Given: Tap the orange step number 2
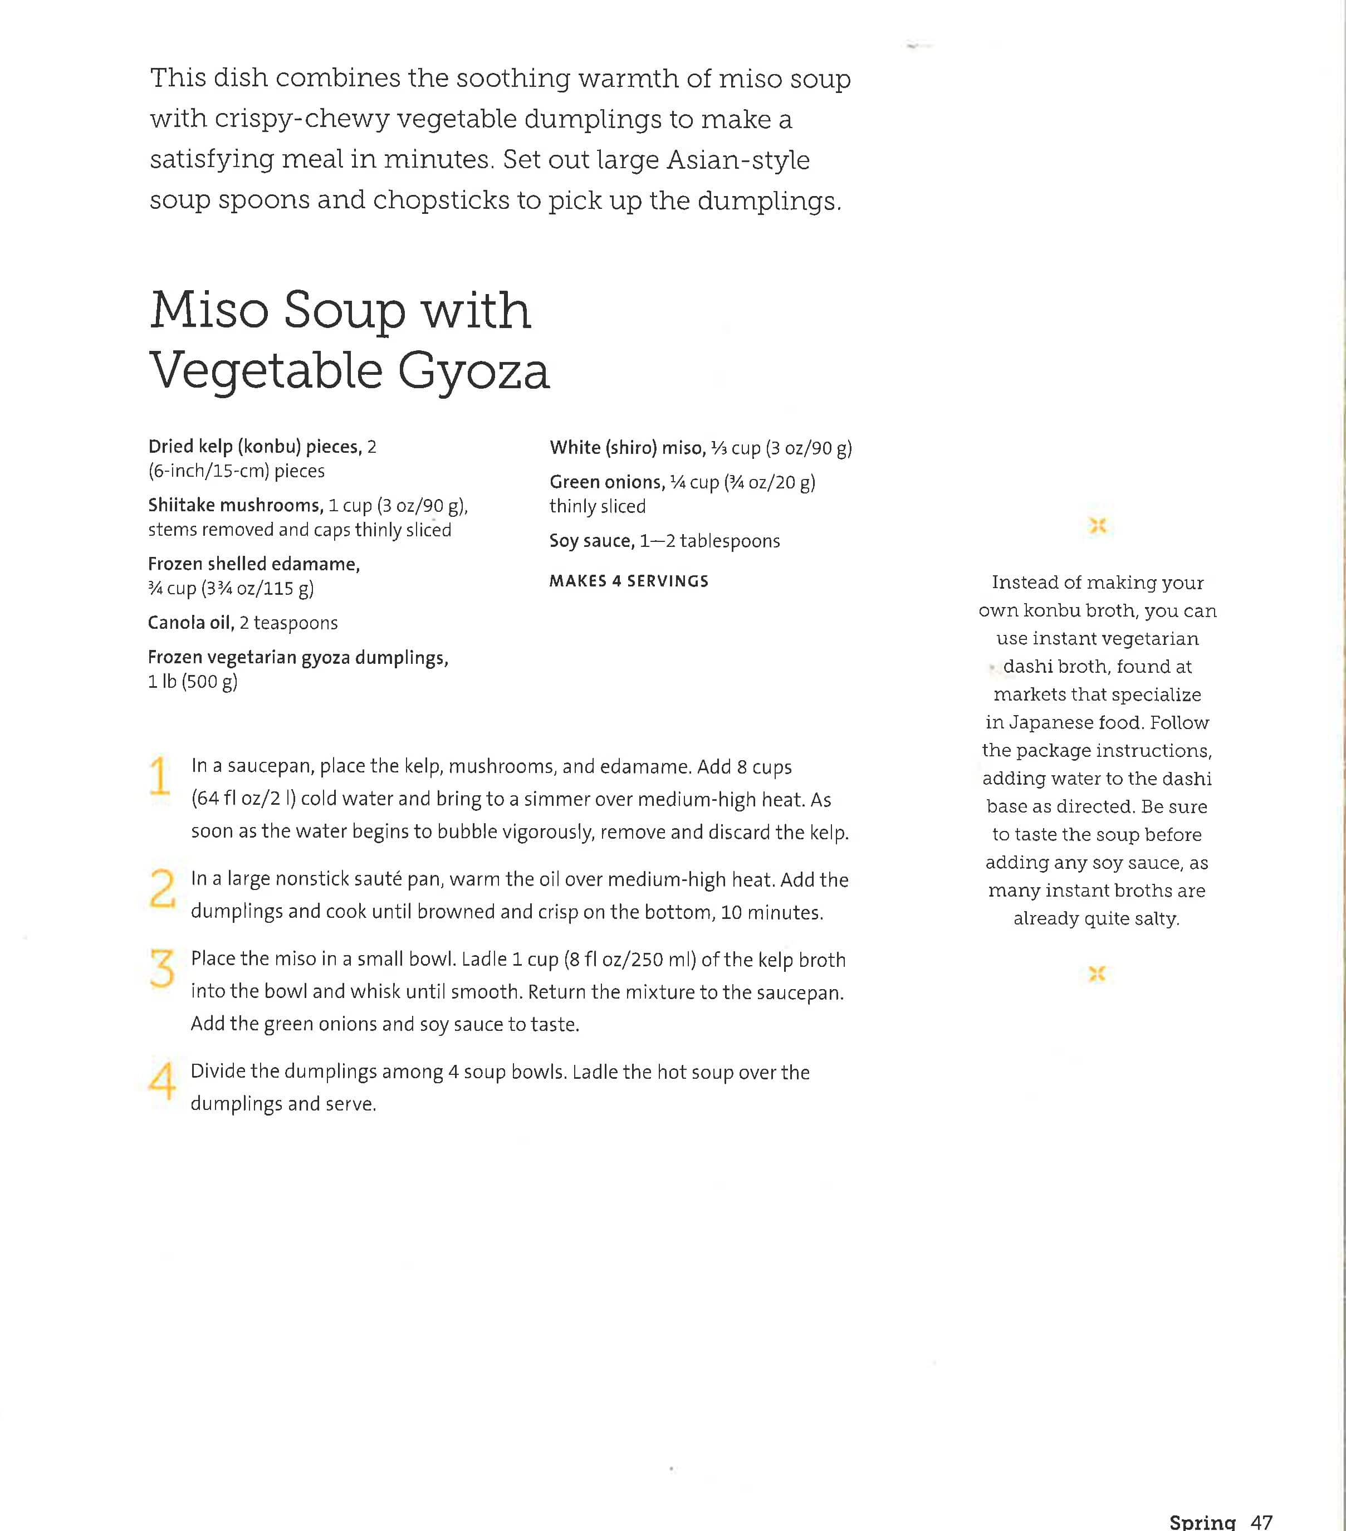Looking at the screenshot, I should tap(162, 888).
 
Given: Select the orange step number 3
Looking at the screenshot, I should tap(162, 969).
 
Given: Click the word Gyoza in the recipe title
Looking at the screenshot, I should tap(473, 371).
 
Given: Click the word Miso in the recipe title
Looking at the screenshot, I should tap(209, 310).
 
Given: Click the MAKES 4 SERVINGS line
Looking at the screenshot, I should tap(628, 581).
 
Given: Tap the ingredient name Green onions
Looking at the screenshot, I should tap(606, 482).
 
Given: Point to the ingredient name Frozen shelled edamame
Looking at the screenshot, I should tap(254, 564).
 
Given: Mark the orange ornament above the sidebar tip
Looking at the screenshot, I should tap(1097, 526).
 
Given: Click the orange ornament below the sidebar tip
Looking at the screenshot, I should tap(1097, 974).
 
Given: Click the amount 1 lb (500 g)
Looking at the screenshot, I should tap(193, 682).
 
